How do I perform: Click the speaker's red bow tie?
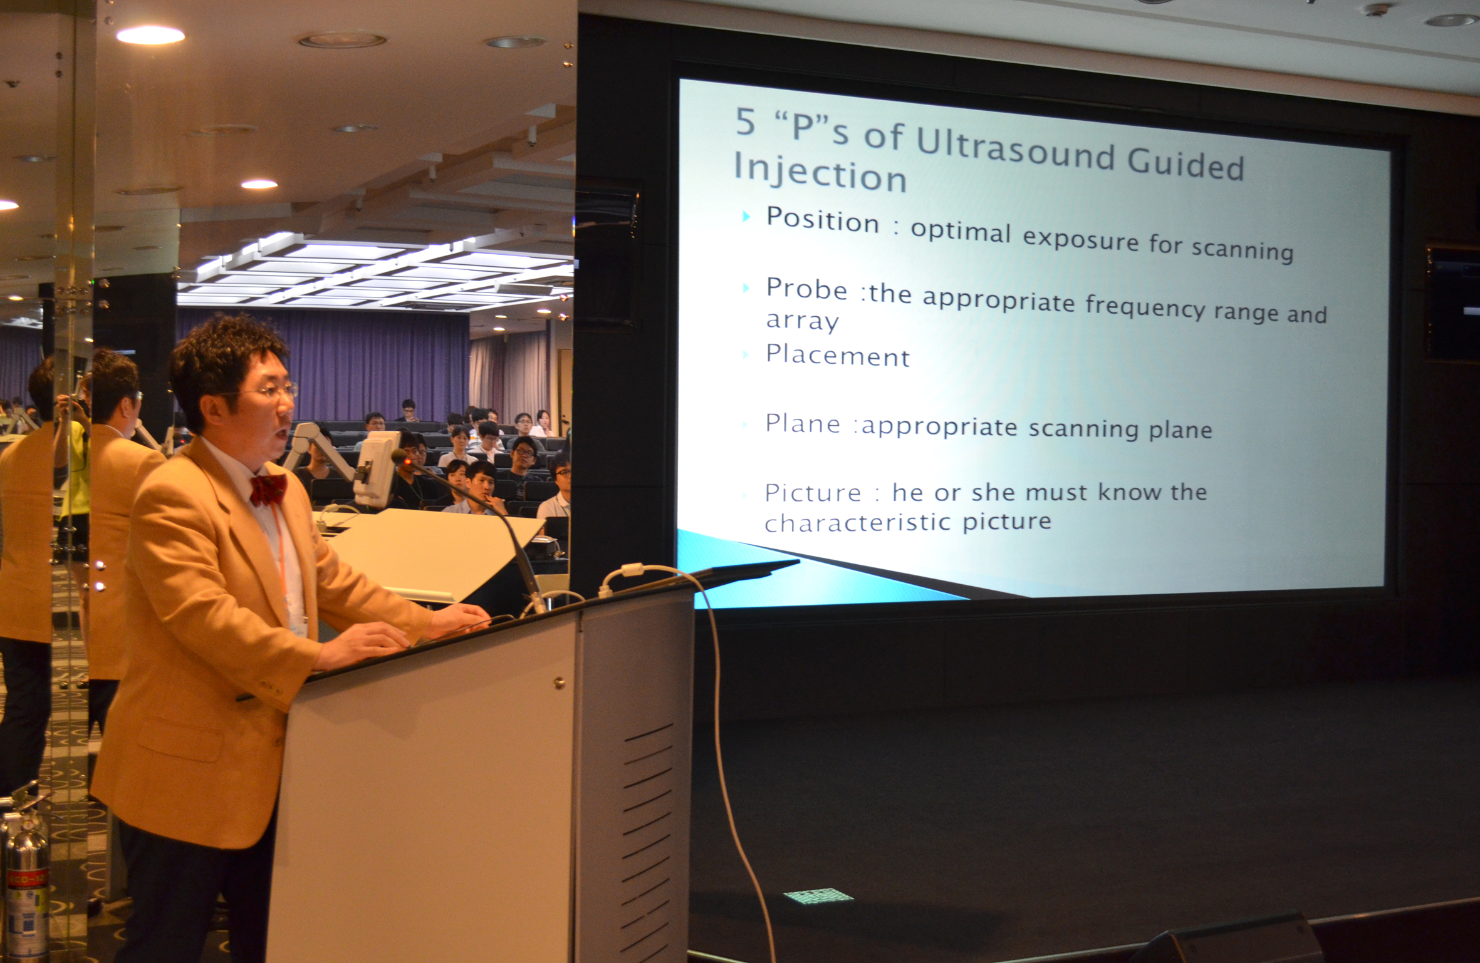268,489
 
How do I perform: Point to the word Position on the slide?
823,220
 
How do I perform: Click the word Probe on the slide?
806,289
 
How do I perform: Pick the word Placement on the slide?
838,356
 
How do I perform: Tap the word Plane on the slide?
803,424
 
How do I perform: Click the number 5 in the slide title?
746,121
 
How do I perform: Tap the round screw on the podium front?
559,682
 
